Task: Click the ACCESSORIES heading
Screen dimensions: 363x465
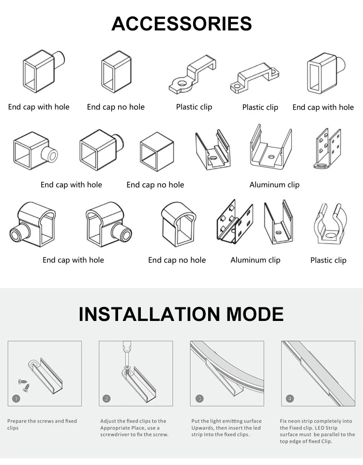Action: tap(181, 24)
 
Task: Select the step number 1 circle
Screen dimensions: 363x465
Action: tap(16, 399)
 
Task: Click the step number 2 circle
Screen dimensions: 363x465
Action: tap(107, 399)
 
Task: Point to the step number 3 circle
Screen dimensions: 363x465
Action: tap(199, 399)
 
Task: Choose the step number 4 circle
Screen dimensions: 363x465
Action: tap(290, 399)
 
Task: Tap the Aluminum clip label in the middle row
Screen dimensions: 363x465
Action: tap(274, 185)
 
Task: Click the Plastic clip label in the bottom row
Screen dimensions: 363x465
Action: tap(328, 260)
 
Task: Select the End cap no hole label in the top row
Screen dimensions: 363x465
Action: tap(116, 107)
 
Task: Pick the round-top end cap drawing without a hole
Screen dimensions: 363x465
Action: tap(178, 224)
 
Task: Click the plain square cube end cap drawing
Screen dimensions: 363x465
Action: tap(157, 151)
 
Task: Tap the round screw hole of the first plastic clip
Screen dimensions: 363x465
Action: tap(181, 83)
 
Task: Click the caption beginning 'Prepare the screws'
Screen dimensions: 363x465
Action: tap(42, 424)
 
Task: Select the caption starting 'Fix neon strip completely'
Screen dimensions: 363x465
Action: tap(317, 431)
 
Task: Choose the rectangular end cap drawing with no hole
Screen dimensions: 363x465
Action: tap(116, 72)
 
